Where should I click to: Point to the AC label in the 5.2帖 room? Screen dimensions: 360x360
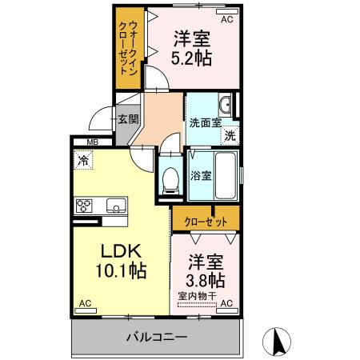coord(226,18)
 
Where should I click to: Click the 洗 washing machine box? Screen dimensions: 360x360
coord(230,135)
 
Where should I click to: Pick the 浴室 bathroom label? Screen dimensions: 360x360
coord(200,175)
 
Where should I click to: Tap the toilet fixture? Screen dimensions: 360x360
coord(169,179)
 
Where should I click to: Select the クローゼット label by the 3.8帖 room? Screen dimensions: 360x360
coord(203,220)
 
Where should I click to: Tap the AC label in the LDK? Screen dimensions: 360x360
coord(84,304)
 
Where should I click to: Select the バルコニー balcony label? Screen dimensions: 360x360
coord(156,337)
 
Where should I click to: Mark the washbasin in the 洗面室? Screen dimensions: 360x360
coord(226,105)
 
